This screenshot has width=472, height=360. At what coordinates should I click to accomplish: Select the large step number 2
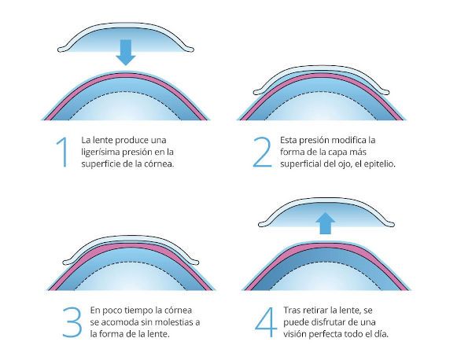(261, 152)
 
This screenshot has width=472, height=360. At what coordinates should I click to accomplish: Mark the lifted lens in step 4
(324, 208)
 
